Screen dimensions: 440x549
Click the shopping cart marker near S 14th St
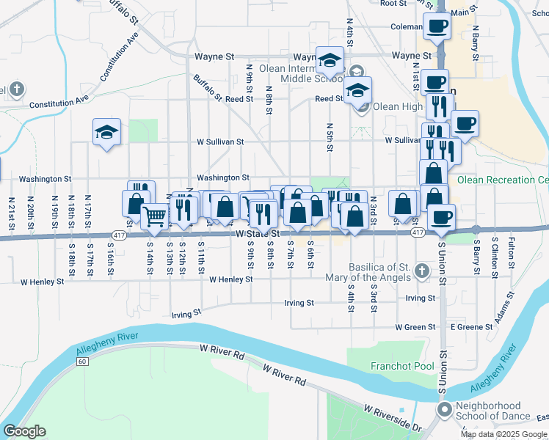click(x=154, y=216)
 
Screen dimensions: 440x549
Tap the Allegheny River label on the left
click(x=109, y=348)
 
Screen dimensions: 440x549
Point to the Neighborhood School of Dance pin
click(x=444, y=409)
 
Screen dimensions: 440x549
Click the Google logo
click(x=24, y=431)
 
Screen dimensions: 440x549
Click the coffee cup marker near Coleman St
click(x=437, y=26)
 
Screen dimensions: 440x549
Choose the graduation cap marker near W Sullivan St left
click(x=106, y=132)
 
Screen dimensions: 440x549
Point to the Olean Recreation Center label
click(x=503, y=180)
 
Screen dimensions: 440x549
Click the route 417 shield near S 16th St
click(x=119, y=235)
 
